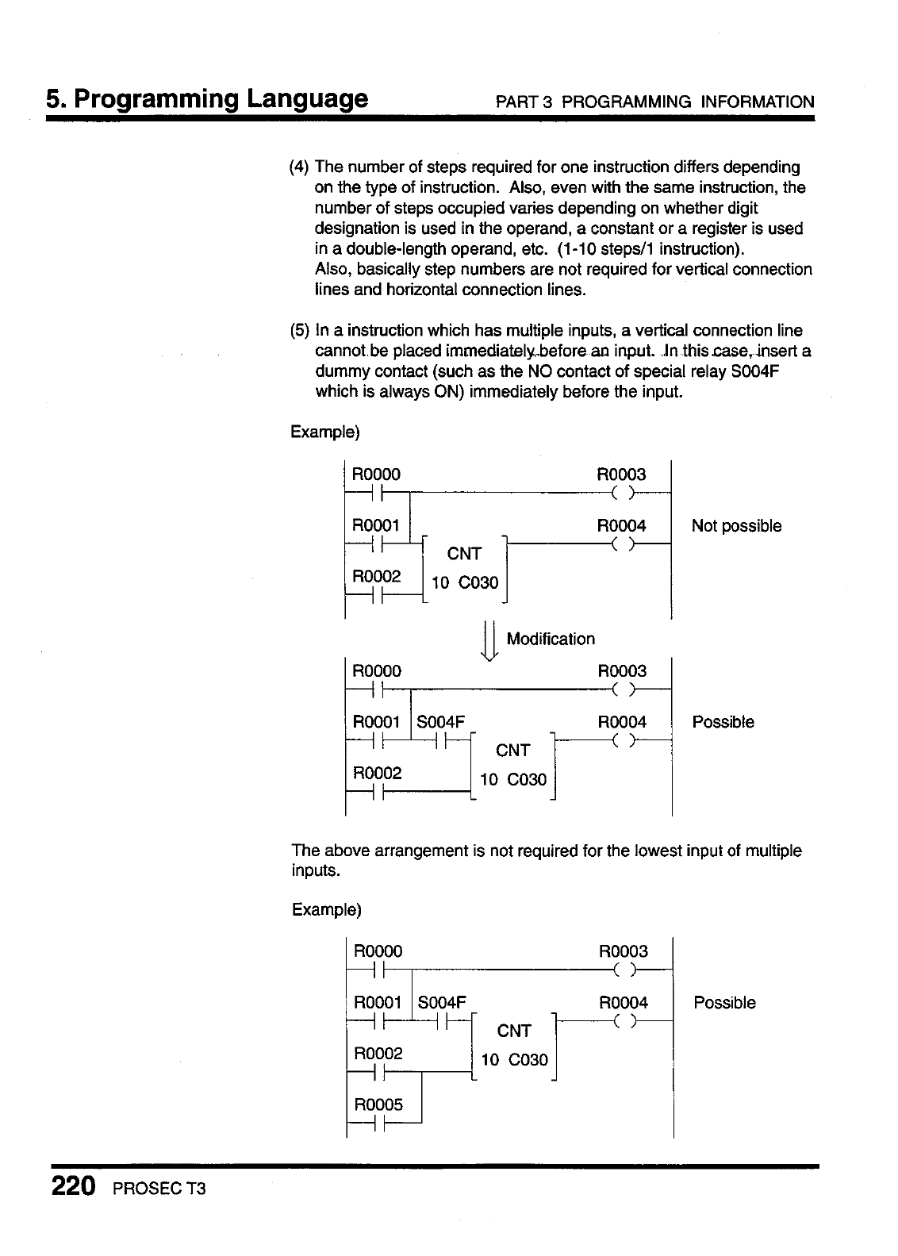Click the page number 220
(x=74, y=1187)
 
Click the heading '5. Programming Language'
(x=207, y=99)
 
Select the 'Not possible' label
(x=736, y=526)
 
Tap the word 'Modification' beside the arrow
(x=550, y=639)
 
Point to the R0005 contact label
(x=378, y=1104)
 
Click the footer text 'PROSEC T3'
(x=160, y=1190)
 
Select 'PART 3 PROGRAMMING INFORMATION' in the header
(x=654, y=102)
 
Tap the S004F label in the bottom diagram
(x=442, y=1002)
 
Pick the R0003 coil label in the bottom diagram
(x=623, y=951)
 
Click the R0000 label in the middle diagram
(x=377, y=671)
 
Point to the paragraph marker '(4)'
(x=300, y=167)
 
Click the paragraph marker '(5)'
(x=300, y=330)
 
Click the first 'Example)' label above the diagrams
(x=325, y=432)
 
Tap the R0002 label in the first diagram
(x=377, y=576)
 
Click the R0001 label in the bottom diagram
(x=378, y=1002)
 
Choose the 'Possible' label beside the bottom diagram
(x=724, y=1002)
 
